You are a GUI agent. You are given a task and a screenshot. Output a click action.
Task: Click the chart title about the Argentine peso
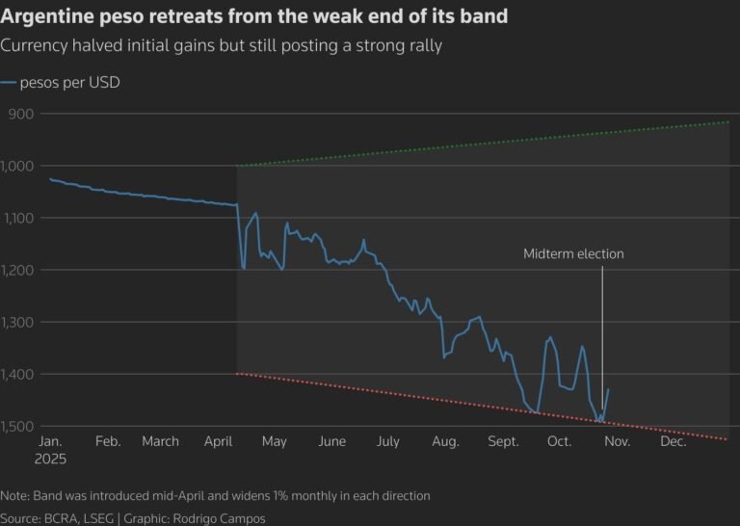pos(254,17)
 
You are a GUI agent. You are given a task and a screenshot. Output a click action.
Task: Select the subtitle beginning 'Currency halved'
pos(221,46)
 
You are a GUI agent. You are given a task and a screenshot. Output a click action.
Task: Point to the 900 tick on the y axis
pos(20,114)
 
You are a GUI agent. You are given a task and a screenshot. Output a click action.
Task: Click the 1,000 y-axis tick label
pos(18,166)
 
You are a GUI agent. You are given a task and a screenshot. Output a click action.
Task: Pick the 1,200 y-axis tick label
pos(18,270)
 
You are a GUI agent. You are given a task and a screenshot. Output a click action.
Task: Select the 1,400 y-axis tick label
pos(18,374)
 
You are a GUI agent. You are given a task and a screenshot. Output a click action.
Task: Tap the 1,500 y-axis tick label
pos(18,426)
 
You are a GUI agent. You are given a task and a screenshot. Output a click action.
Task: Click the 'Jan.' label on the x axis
pos(51,441)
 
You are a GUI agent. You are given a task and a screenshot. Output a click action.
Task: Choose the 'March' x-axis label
pos(160,441)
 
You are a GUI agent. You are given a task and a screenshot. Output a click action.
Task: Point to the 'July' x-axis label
pos(387,441)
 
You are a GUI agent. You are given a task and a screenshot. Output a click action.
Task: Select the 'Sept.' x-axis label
pos(503,441)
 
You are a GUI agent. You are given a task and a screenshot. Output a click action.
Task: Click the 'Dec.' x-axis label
pos(673,441)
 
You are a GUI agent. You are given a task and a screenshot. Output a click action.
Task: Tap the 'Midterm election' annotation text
pos(573,254)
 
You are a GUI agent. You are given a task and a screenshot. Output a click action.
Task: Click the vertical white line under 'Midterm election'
pos(602,328)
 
